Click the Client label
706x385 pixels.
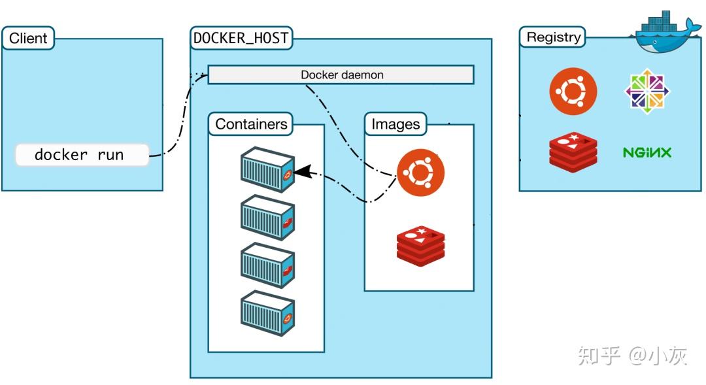(27, 38)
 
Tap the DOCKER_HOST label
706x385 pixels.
(241, 38)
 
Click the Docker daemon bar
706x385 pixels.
(341, 75)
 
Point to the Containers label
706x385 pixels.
(250, 124)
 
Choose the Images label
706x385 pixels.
(395, 124)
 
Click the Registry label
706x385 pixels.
(553, 37)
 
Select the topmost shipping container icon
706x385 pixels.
(267, 169)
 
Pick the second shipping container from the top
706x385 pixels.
(267, 217)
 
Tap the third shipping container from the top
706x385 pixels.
(267, 265)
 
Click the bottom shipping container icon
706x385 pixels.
(267, 312)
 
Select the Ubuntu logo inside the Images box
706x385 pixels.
(420, 173)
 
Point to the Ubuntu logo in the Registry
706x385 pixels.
(573, 92)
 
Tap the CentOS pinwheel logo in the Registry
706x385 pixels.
(647, 90)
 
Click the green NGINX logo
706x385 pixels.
(647, 153)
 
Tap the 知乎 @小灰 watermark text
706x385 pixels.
(631, 356)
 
